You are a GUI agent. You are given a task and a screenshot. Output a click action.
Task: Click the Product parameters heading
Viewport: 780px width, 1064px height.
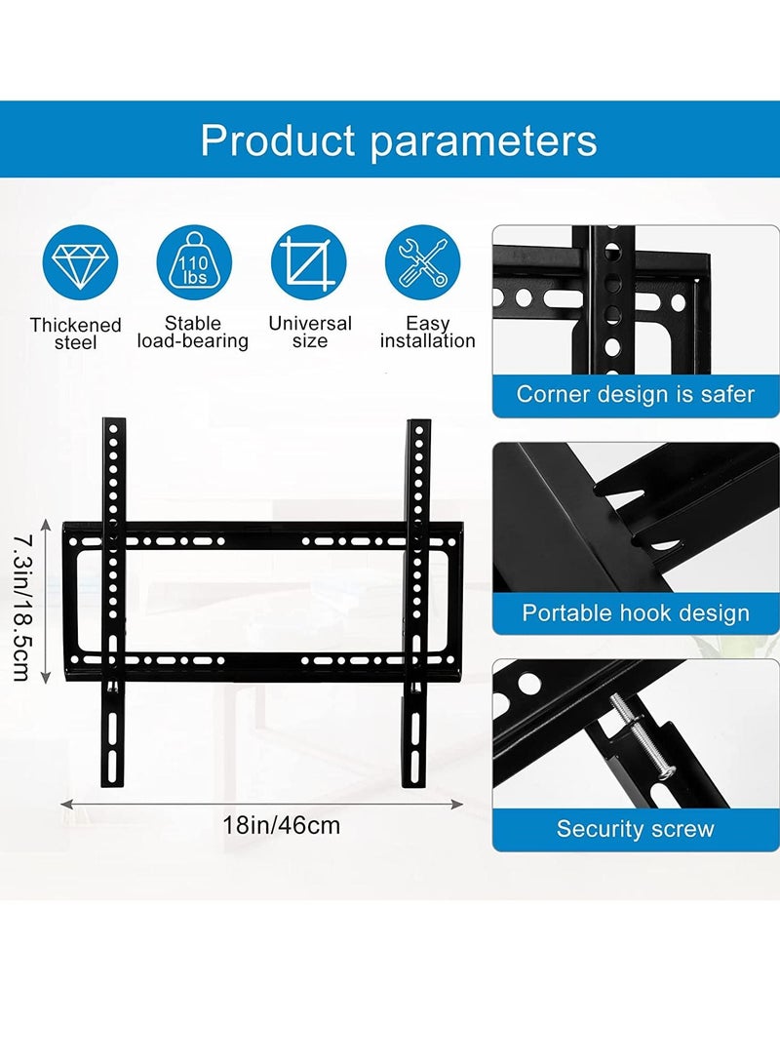pyautogui.click(x=398, y=140)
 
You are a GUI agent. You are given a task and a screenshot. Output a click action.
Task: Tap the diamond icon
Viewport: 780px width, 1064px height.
pyautogui.click(x=79, y=263)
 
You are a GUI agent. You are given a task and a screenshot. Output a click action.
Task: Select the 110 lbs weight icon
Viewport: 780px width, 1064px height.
pyautogui.click(x=194, y=263)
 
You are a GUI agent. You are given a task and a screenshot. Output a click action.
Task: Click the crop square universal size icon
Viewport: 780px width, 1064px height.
pyautogui.click(x=309, y=263)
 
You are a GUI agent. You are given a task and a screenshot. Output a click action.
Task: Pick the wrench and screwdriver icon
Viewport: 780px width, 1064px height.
pyautogui.click(x=423, y=263)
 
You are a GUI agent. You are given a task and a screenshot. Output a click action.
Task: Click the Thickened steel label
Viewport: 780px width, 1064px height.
pyautogui.click(x=76, y=334)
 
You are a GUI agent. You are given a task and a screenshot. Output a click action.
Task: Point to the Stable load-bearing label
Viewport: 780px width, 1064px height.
pyautogui.click(x=193, y=333)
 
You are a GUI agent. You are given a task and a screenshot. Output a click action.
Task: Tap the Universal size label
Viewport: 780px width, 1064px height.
pyautogui.click(x=309, y=333)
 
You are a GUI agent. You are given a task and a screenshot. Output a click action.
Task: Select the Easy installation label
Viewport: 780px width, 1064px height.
pyautogui.click(x=427, y=333)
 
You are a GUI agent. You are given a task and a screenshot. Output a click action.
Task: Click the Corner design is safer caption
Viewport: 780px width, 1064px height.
pyautogui.click(x=636, y=395)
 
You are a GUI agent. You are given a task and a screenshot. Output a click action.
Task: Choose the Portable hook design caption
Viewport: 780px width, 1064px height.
pyautogui.click(x=636, y=613)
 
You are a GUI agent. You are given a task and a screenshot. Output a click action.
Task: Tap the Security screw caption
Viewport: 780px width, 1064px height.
pyautogui.click(x=636, y=830)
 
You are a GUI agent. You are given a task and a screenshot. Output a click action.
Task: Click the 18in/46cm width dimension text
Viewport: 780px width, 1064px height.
pyautogui.click(x=282, y=825)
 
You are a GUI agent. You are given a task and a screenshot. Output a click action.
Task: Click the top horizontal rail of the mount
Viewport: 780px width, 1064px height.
pyautogui.click(x=261, y=538)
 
